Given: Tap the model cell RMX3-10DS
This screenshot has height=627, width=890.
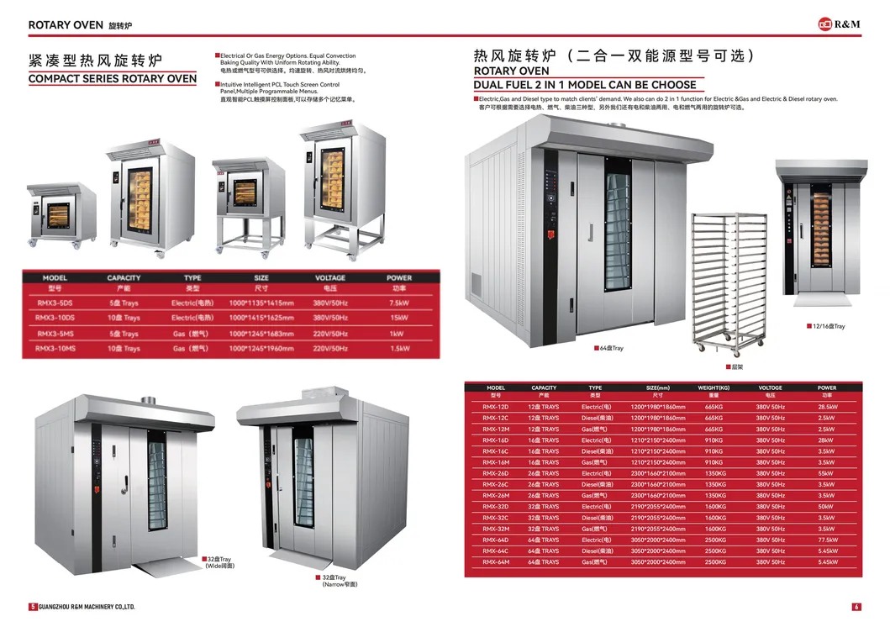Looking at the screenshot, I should (55, 318).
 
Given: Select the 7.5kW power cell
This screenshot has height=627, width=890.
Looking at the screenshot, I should (398, 303).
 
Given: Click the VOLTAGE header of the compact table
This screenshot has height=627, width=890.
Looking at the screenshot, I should (330, 277).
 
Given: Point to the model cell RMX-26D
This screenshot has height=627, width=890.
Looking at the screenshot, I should (495, 473).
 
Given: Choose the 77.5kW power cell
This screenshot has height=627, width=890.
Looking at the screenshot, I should (827, 540).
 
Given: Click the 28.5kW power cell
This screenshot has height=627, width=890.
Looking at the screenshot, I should (827, 407).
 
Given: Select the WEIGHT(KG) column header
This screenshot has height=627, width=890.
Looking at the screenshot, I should (713, 388).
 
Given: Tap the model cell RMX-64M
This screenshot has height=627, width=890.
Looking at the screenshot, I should (495, 561).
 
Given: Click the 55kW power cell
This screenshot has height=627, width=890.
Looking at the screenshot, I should (827, 473).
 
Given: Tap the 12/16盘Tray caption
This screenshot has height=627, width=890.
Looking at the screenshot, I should (827, 326).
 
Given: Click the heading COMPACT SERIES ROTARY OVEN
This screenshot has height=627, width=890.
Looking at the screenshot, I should (113, 79).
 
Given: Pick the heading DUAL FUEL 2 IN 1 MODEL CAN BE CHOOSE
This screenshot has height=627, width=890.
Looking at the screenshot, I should (585, 85).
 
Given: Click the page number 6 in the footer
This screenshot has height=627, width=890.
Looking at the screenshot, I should (856, 607).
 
